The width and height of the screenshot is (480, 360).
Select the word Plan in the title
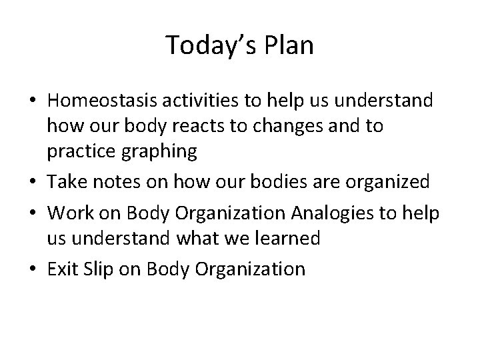click(x=289, y=45)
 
